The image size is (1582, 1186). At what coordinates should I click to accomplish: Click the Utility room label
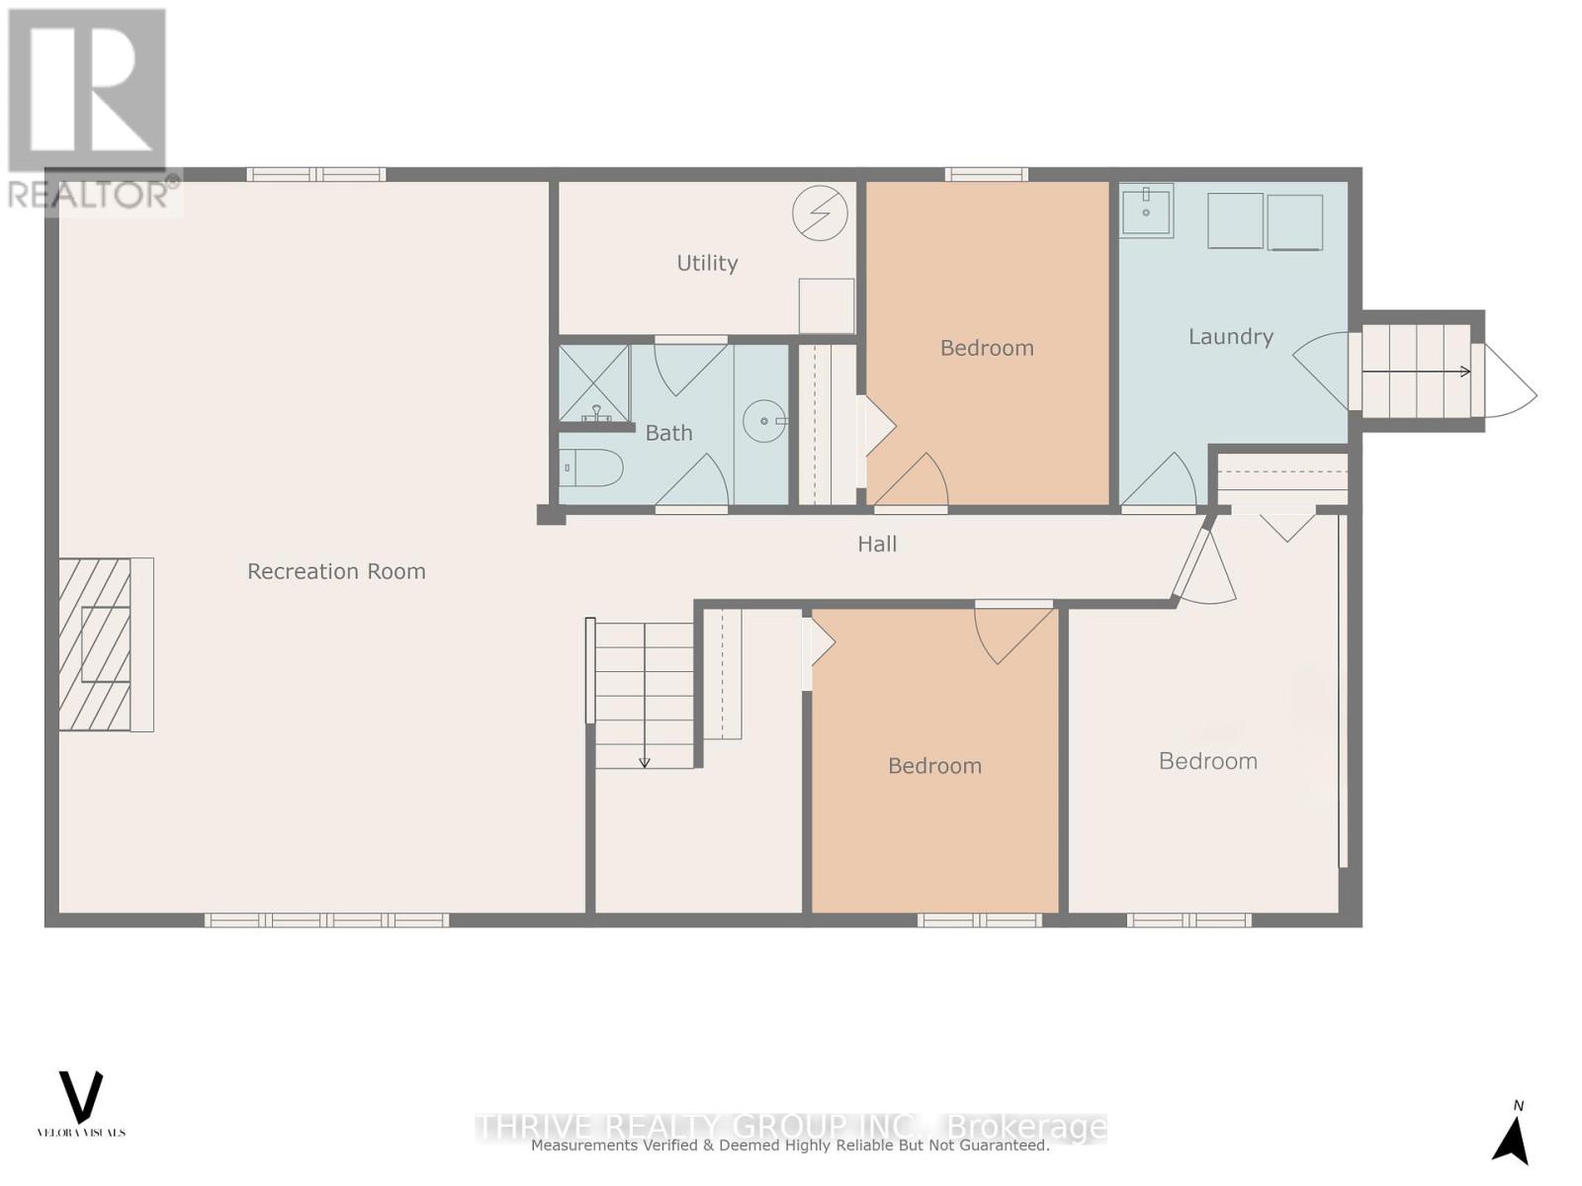point(707,263)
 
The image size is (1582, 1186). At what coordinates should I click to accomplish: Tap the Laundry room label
point(1230,337)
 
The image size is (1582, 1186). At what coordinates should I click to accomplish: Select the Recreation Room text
point(336,571)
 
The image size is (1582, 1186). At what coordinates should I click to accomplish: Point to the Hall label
point(877,544)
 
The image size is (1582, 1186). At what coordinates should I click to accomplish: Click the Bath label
point(668,433)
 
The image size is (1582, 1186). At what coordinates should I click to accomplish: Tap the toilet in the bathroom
point(590,467)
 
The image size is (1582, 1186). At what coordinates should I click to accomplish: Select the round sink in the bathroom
point(764,422)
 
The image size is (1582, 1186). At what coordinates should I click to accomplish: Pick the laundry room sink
point(1146,211)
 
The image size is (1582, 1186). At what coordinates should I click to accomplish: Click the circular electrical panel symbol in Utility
point(820,213)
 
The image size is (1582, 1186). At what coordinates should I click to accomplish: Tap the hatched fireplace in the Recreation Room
point(96,644)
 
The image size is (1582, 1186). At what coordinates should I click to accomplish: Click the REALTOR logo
point(89,109)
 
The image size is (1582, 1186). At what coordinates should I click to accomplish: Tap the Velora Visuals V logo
point(81,1097)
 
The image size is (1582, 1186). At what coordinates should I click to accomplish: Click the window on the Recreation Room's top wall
point(315,175)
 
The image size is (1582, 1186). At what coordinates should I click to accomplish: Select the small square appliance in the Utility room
point(826,305)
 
